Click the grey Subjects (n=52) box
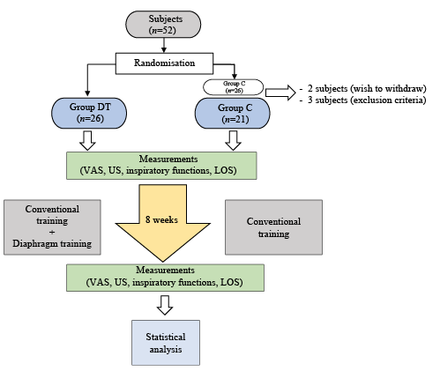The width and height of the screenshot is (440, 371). tap(163, 25)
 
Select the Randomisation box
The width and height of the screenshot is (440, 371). tap(164, 63)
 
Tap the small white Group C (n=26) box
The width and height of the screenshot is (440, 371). tap(234, 87)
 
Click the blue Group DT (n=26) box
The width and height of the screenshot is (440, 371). tap(89, 113)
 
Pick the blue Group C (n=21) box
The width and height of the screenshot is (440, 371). tap(233, 113)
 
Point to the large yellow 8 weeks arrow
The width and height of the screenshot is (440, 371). tap(163, 222)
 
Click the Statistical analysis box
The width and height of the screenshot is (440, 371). tap(166, 343)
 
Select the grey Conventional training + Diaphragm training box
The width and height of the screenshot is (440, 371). tap(52, 227)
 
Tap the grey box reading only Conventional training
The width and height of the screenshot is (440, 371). tap(273, 227)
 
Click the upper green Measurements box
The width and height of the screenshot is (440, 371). tap(161, 166)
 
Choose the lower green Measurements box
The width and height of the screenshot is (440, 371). tap(165, 278)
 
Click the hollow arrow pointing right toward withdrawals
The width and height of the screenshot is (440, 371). tap(280, 93)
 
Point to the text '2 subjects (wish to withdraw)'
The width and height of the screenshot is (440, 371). tap(367, 88)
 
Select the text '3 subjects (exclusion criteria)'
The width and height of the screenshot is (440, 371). tap(367, 100)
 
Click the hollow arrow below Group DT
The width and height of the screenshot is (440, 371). tap(87, 141)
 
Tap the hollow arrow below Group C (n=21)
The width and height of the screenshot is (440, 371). tap(234, 141)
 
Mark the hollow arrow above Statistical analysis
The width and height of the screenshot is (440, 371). tap(165, 305)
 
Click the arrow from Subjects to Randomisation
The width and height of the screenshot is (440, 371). tap(164, 45)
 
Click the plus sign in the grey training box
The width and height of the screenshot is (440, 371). tap(52, 232)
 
